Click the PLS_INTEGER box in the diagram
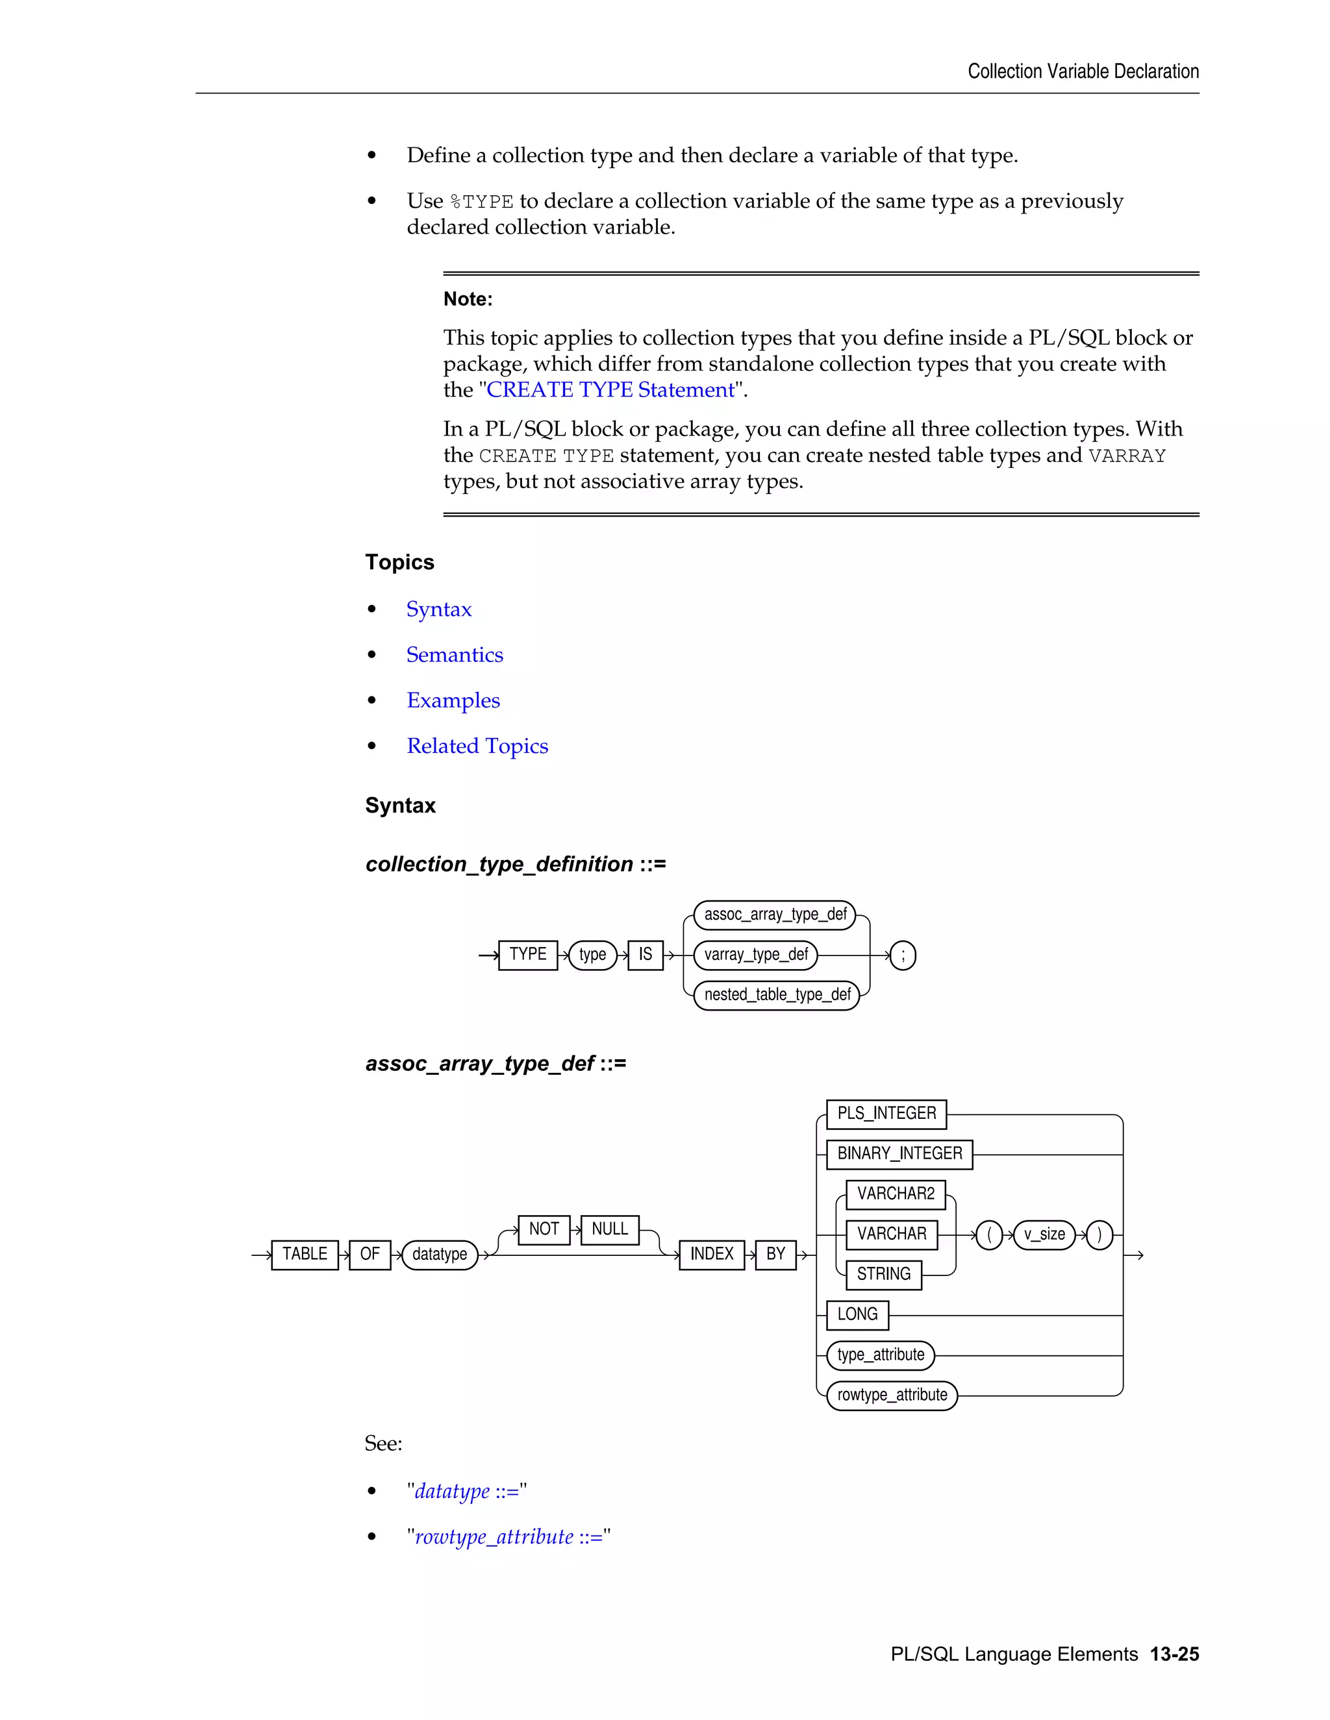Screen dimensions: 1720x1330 point(886,1114)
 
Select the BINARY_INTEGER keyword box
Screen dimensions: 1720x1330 point(899,1154)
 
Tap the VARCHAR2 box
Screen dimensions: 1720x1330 point(895,1194)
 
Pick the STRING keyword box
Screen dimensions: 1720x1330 point(883,1274)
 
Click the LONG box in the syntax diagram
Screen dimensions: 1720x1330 point(857,1314)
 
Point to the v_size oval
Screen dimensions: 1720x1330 point(1044,1234)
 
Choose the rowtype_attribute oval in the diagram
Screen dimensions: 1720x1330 point(892,1395)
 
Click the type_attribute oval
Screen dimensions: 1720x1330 point(880,1355)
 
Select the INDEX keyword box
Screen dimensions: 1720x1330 point(712,1254)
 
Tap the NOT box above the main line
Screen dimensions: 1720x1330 point(544,1229)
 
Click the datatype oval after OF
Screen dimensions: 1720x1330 point(440,1254)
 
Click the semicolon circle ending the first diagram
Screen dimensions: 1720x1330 point(903,955)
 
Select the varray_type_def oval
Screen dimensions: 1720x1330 point(756,955)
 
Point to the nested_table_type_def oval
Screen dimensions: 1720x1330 point(777,994)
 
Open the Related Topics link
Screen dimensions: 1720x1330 point(477,746)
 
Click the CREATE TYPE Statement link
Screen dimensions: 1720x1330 point(610,390)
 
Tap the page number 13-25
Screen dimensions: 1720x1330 point(1174,1654)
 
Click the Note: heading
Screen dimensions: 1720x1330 point(468,299)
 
